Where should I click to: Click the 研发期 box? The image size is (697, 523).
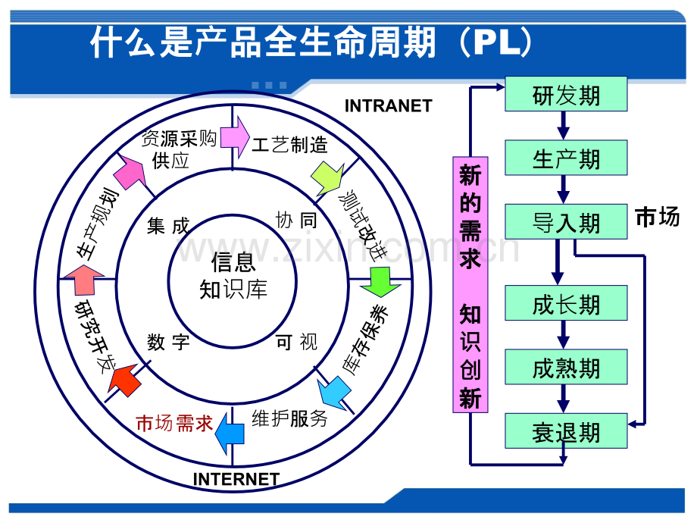[566, 94]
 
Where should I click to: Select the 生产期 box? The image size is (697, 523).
[566, 158]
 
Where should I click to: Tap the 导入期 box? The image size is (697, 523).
[566, 222]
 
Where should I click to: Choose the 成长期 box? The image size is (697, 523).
[566, 303]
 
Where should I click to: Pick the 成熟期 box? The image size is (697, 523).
[566, 368]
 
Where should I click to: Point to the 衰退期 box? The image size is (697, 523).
[566, 431]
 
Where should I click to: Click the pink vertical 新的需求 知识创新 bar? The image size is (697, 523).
[470, 285]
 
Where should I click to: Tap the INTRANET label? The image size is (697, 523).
[389, 106]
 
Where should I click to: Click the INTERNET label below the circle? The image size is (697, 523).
[236, 479]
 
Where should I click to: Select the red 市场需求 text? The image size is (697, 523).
[175, 423]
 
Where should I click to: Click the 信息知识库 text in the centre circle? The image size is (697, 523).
[233, 275]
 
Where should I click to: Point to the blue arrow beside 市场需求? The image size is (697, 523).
[230, 433]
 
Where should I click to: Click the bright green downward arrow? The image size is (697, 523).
[380, 282]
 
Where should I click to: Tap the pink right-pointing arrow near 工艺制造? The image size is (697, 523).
[235, 137]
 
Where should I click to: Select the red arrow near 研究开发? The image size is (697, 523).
[125, 379]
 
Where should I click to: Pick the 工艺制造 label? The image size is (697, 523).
[289, 145]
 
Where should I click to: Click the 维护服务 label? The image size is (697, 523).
[289, 418]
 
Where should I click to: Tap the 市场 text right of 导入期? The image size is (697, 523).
[658, 217]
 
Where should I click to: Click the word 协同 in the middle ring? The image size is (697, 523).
[296, 220]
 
